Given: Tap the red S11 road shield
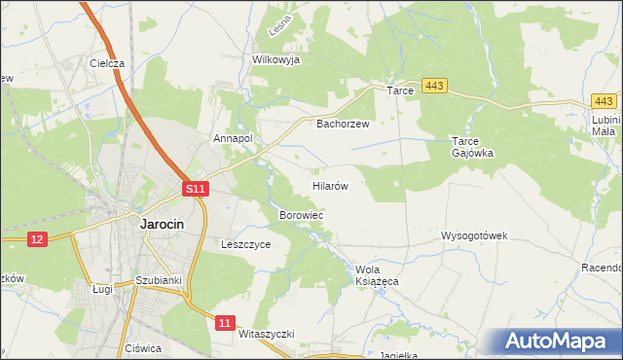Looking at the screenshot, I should point(197,189).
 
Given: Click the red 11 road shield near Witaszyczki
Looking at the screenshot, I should point(226,322).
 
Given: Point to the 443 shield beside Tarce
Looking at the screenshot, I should point(435,88).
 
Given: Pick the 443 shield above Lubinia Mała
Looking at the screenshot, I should point(605,101).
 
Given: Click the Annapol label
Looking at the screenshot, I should point(233,138).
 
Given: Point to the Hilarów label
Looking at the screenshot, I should point(330,184).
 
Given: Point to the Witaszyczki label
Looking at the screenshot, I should point(266,333).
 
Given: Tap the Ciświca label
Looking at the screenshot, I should point(142,348).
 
